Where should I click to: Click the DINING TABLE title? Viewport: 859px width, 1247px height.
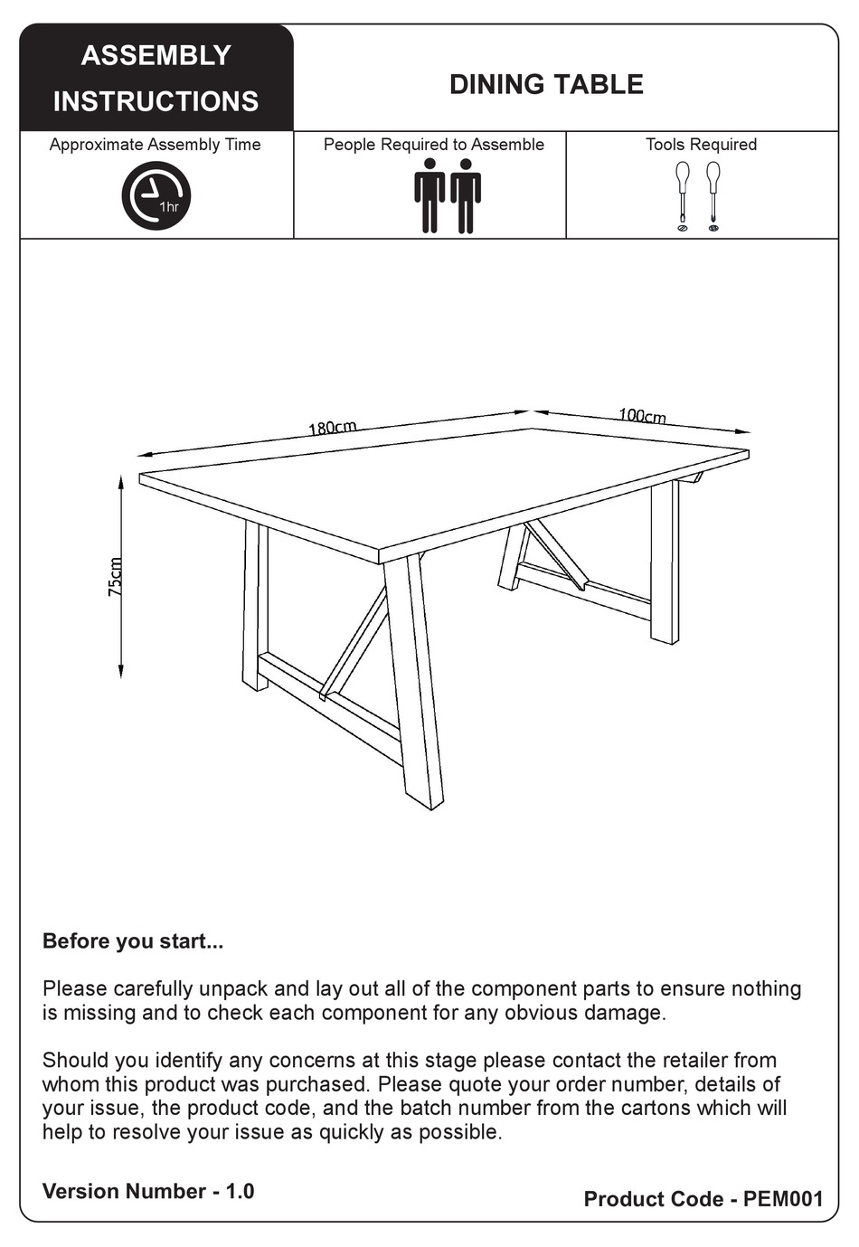click(546, 85)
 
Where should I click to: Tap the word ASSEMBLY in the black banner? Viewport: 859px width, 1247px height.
click(156, 56)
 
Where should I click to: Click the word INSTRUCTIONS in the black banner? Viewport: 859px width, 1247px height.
click(156, 101)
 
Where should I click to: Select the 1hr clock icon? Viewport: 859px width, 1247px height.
click(156, 195)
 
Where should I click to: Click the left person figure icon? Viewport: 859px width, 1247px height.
click(429, 195)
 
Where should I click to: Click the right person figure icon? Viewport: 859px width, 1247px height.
click(466, 195)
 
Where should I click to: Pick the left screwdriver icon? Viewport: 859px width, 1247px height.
click(683, 194)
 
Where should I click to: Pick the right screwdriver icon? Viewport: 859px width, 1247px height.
click(713, 194)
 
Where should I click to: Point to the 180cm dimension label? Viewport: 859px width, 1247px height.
click(333, 428)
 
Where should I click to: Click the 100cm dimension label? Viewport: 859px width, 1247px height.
click(642, 415)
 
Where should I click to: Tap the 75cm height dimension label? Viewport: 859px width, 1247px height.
click(116, 577)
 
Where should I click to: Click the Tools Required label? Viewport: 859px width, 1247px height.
click(701, 145)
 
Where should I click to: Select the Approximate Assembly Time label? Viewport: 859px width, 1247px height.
click(155, 145)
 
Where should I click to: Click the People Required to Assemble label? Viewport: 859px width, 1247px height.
click(434, 145)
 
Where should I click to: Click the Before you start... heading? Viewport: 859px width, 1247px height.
click(133, 941)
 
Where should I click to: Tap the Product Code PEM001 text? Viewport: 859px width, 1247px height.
click(703, 1199)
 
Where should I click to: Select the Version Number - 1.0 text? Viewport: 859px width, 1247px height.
click(148, 1191)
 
